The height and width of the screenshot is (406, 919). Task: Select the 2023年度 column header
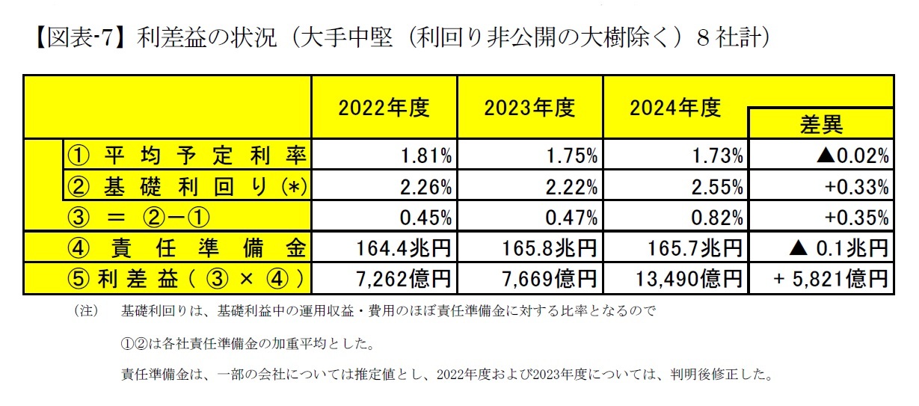[x=529, y=108]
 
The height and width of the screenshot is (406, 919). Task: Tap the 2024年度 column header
[x=674, y=108]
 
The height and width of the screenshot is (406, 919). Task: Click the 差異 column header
[x=821, y=124]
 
